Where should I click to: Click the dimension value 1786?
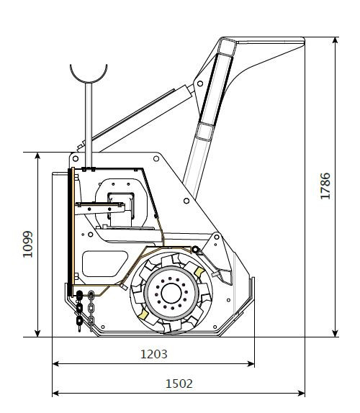325,186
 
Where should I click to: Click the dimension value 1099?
27,244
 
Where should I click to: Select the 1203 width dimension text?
154,354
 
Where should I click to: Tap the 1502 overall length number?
179,383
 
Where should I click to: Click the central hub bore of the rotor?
171,293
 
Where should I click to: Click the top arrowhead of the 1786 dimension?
335,40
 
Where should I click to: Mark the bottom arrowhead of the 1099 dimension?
37,333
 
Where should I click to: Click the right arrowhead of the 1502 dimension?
301,394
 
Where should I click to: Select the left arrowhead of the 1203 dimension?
56,364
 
